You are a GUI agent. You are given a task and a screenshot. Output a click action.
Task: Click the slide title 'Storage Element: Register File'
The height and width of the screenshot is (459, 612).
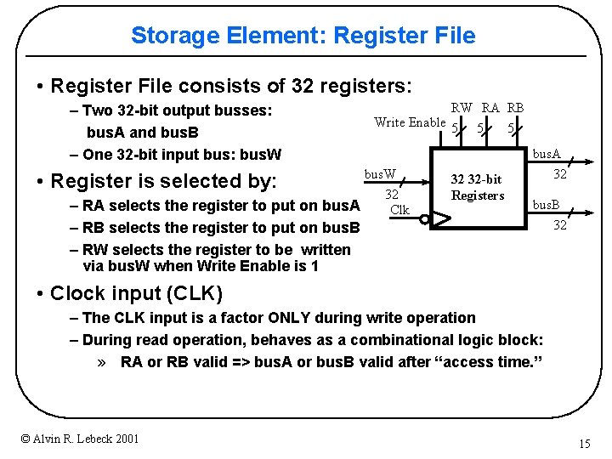click(x=303, y=36)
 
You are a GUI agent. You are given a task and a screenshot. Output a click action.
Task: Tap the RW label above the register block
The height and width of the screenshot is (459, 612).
click(x=462, y=108)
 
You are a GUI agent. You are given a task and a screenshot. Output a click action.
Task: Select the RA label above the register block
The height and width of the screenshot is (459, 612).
click(x=490, y=108)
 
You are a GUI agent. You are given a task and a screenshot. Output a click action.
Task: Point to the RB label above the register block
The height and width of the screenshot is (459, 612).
click(x=515, y=108)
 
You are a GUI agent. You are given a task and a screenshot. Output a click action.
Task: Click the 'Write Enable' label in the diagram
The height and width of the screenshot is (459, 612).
click(x=410, y=122)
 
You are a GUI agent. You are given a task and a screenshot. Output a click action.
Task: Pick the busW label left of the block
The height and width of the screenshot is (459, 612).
click(x=380, y=174)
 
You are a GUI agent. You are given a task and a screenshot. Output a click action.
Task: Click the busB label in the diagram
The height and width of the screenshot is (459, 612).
click(x=545, y=206)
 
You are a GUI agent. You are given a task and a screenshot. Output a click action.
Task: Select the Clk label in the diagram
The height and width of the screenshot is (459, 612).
click(x=399, y=210)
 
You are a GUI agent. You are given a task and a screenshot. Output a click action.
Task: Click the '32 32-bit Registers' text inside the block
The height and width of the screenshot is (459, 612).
click(x=477, y=187)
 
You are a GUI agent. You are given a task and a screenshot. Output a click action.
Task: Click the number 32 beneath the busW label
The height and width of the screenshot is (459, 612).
click(x=392, y=195)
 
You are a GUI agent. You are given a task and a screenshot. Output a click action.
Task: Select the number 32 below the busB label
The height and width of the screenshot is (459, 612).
click(x=559, y=225)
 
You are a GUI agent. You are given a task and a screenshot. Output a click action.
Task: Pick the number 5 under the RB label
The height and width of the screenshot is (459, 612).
click(x=510, y=129)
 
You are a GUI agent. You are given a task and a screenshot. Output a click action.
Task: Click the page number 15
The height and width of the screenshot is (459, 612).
click(x=584, y=444)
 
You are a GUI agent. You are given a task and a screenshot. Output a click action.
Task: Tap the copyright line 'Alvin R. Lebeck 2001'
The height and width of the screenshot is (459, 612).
click(x=80, y=439)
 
